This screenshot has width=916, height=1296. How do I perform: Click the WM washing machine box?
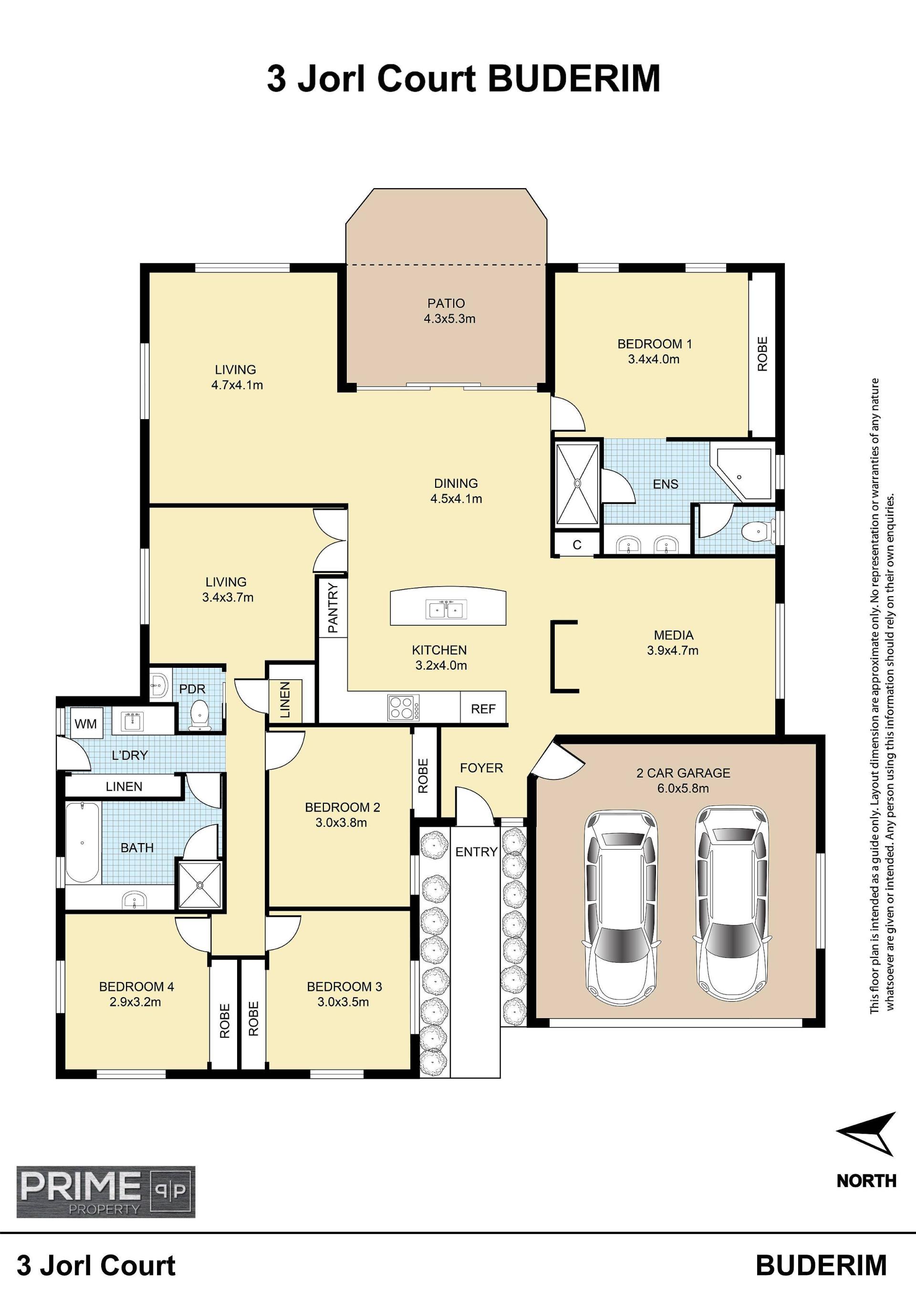click(x=86, y=723)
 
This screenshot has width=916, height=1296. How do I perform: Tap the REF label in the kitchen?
click(x=483, y=709)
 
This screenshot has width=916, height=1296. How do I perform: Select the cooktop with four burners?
click(x=403, y=707)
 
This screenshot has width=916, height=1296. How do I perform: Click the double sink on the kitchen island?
click(x=448, y=610)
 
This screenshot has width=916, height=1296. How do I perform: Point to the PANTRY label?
click(x=333, y=608)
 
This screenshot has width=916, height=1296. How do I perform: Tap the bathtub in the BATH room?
click(x=83, y=842)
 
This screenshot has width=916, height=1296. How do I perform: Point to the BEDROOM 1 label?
click(x=654, y=344)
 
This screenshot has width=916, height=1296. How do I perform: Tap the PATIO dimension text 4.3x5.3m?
click(x=449, y=319)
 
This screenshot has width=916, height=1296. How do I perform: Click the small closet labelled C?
click(x=576, y=545)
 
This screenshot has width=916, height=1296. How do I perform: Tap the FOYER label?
click(x=481, y=768)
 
